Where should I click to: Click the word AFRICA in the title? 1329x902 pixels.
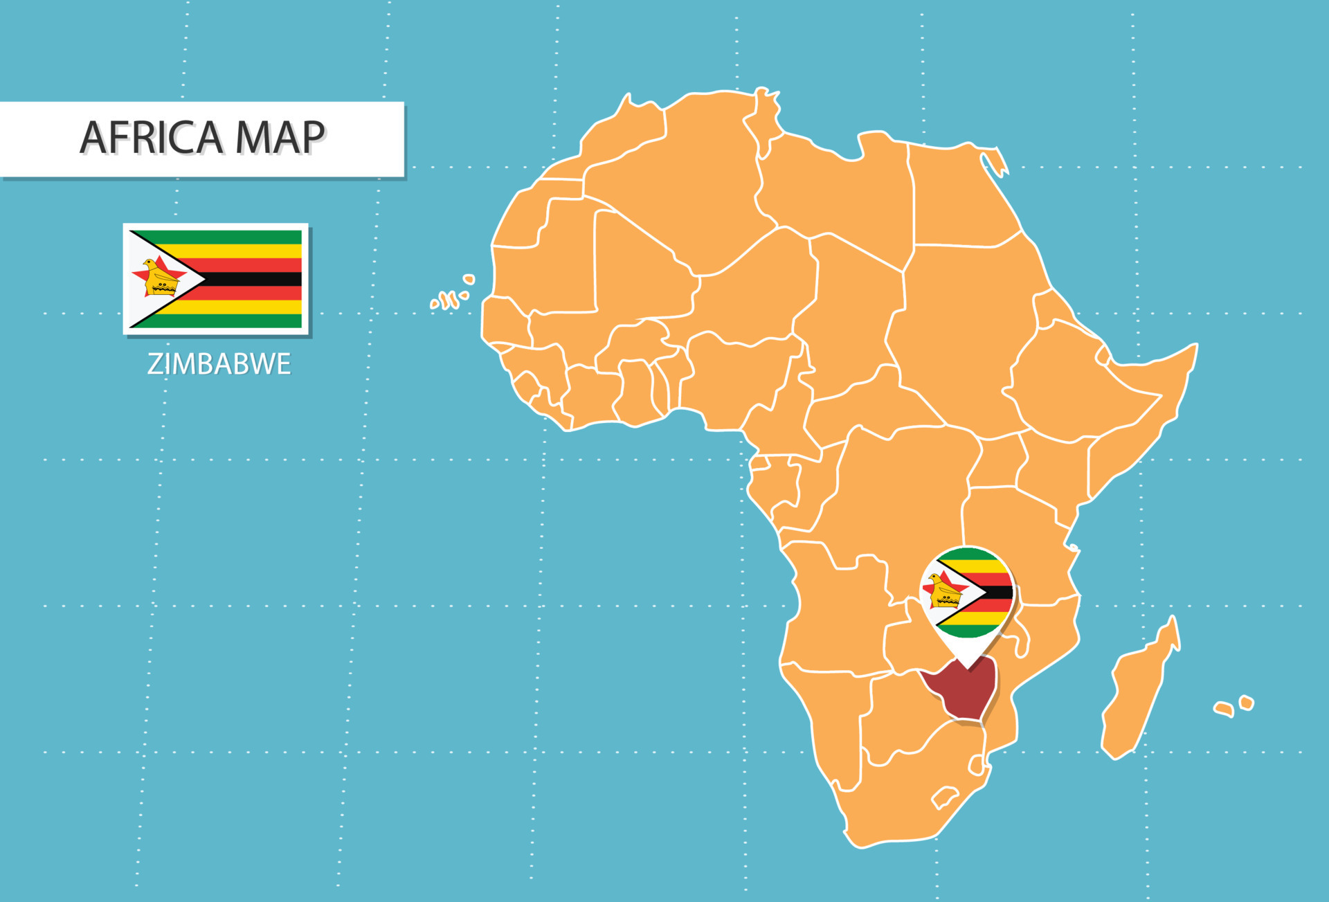[152, 137]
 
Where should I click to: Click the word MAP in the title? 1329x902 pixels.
[280, 137]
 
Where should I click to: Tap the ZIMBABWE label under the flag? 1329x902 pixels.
[219, 364]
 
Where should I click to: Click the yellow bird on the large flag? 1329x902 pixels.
[159, 278]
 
